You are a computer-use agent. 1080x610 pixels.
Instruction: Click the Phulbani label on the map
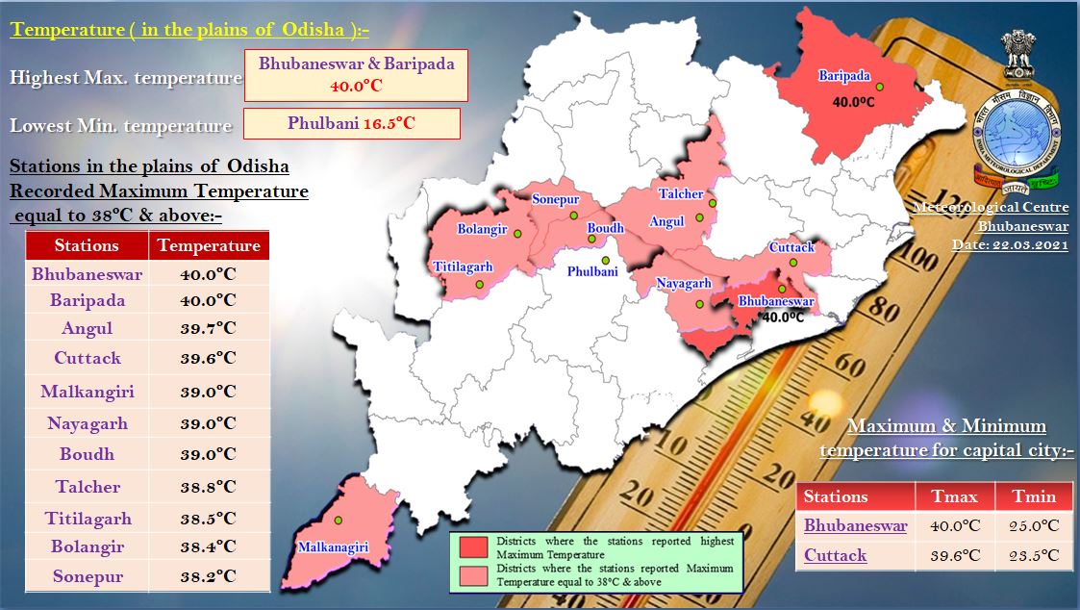(592, 272)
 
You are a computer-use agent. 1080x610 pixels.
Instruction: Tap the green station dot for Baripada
(879, 87)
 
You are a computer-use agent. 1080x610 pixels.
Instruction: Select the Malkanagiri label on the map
(333, 547)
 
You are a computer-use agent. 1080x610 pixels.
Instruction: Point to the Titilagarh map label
(463, 267)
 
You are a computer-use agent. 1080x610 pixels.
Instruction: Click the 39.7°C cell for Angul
(209, 328)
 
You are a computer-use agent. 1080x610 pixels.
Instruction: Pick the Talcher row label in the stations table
(88, 487)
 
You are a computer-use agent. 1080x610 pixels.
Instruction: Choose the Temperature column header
(209, 245)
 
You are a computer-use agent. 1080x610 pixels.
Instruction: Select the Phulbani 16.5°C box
(351, 123)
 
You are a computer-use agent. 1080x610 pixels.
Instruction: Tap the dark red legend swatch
(473, 547)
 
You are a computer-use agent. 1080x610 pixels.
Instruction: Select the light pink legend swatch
(473, 574)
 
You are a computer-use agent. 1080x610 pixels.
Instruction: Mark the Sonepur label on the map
(556, 199)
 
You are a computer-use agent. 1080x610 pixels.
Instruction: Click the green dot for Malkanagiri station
(339, 521)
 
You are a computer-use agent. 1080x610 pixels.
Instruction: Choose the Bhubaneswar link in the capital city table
(855, 526)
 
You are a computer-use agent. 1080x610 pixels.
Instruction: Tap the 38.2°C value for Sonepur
(209, 577)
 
